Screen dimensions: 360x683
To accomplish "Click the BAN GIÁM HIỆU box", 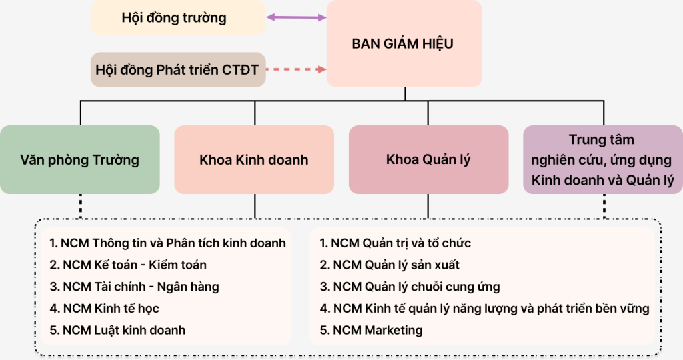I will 403,44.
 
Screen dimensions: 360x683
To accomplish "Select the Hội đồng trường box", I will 174,18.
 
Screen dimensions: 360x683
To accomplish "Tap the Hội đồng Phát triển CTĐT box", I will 177,69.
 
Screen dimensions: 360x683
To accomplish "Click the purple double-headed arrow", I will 296,17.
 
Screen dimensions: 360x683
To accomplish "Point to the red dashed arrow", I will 296,69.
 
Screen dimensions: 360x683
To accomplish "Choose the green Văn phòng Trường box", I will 79,160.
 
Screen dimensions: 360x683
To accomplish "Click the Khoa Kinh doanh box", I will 254,160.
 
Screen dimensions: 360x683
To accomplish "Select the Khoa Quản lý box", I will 428,160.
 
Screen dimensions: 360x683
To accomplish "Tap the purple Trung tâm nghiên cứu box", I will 602,160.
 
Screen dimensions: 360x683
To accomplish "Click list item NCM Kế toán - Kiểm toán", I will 128,265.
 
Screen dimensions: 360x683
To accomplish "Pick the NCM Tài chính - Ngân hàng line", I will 134,287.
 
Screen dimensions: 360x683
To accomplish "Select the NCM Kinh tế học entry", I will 104,308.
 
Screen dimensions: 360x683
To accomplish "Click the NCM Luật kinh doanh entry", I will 117,330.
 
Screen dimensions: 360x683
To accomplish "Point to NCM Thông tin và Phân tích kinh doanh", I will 167,243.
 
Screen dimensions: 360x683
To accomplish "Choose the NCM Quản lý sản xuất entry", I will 390,265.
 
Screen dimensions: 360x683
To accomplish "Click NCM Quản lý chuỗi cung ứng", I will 410,287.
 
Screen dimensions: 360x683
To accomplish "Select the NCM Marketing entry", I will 371,330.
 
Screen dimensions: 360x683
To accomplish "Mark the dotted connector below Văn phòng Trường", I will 80,205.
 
